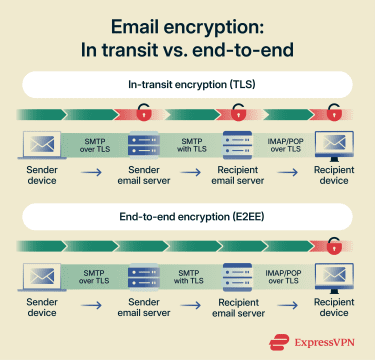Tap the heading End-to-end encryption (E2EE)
point(187,215)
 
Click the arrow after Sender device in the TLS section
point(91,173)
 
